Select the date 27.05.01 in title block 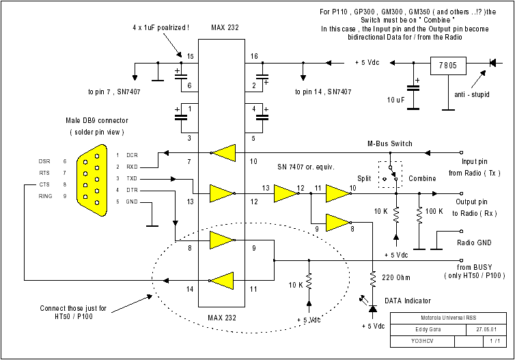478,330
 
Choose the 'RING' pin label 45,197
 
